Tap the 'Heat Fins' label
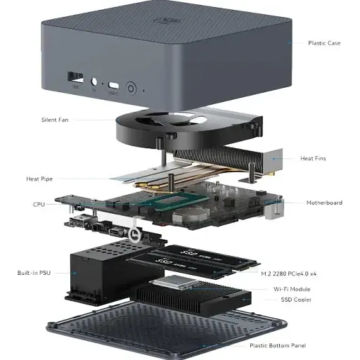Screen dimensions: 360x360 coord(313,158)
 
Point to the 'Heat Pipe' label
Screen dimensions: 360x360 coord(39,179)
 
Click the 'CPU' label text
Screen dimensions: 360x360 coord(39,205)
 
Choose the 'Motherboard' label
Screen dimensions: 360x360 coord(324,202)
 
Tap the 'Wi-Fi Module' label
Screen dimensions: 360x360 coord(292,289)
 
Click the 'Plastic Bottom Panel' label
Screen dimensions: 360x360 coord(278,345)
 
